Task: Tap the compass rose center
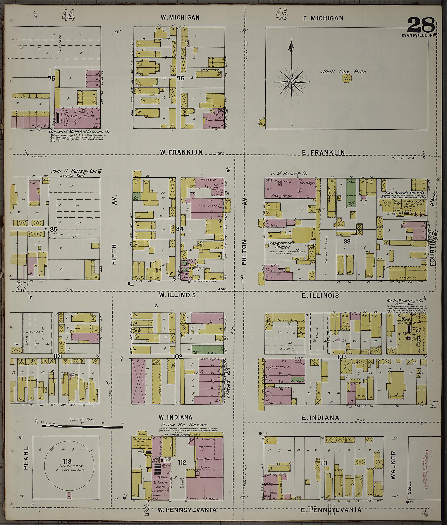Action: [291, 82]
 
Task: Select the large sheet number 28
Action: [421, 25]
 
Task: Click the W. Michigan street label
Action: [180, 18]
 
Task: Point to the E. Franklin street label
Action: [323, 153]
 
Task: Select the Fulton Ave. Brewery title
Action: [184, 425]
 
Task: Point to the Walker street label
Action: [393, 465]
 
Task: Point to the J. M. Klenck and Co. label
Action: [289, 174]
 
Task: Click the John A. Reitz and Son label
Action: [74, 171]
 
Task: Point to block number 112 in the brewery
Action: [182, 463]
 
